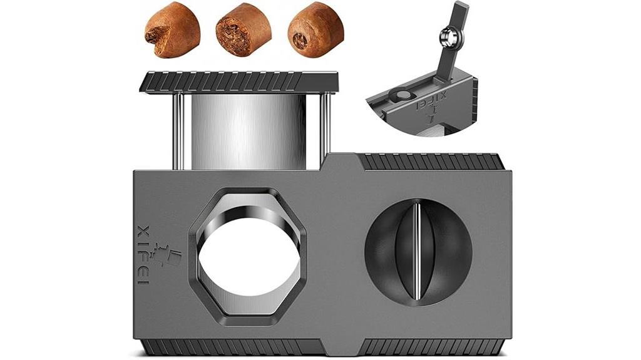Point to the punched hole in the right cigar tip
[x=300, y=40]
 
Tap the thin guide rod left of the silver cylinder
[x=178, y=131]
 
